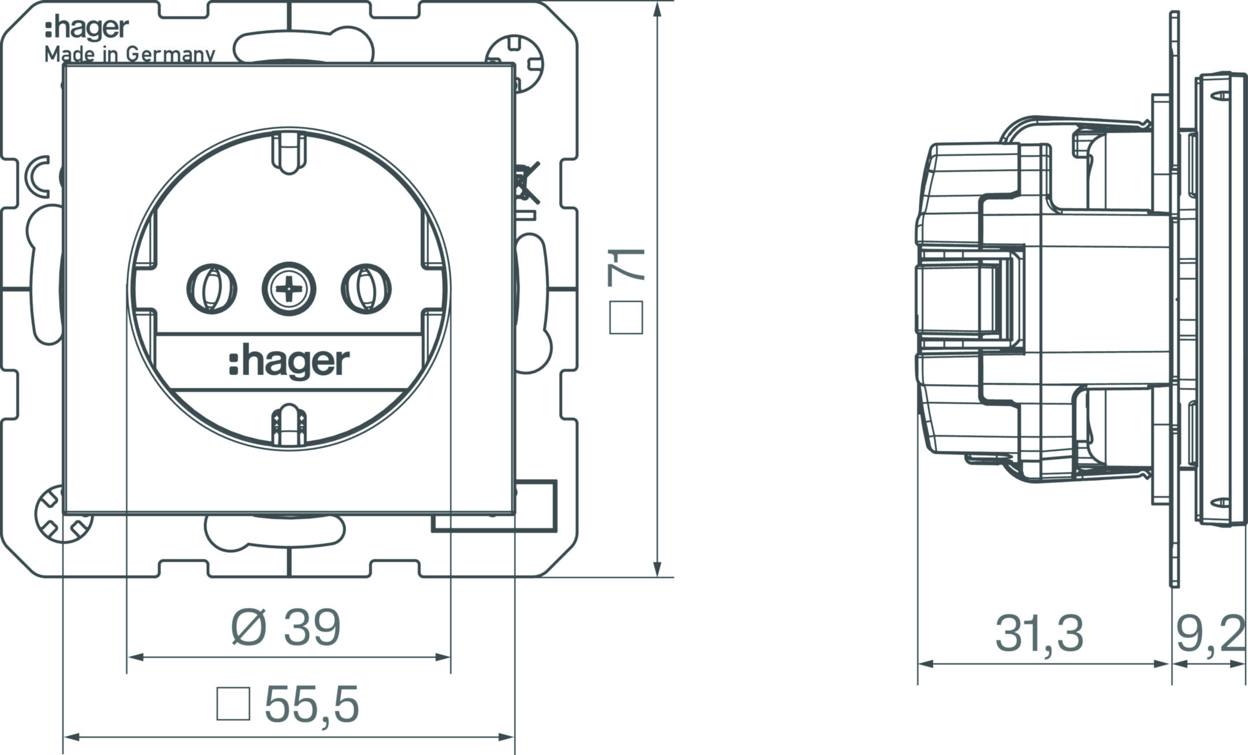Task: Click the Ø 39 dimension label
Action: click(286, 628)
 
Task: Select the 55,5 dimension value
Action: click(312, 705)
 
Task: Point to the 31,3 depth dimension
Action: click(1039, 634)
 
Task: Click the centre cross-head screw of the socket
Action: click(289, 288)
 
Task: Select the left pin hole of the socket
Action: click(212, 289)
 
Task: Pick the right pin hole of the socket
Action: click(366, 289)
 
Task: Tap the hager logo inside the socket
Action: click(289, 362)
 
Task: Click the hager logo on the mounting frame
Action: click(87, 29)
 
